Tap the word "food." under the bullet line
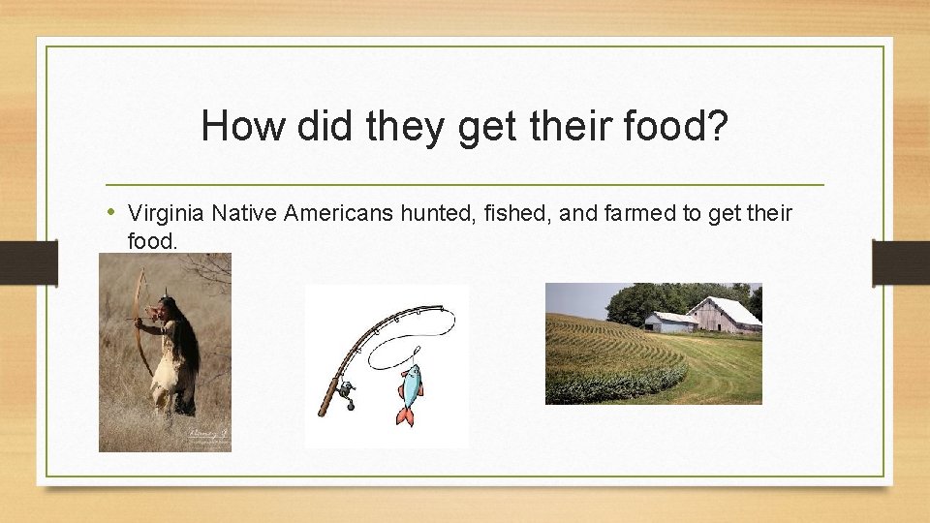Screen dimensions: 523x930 coord(153,240)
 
